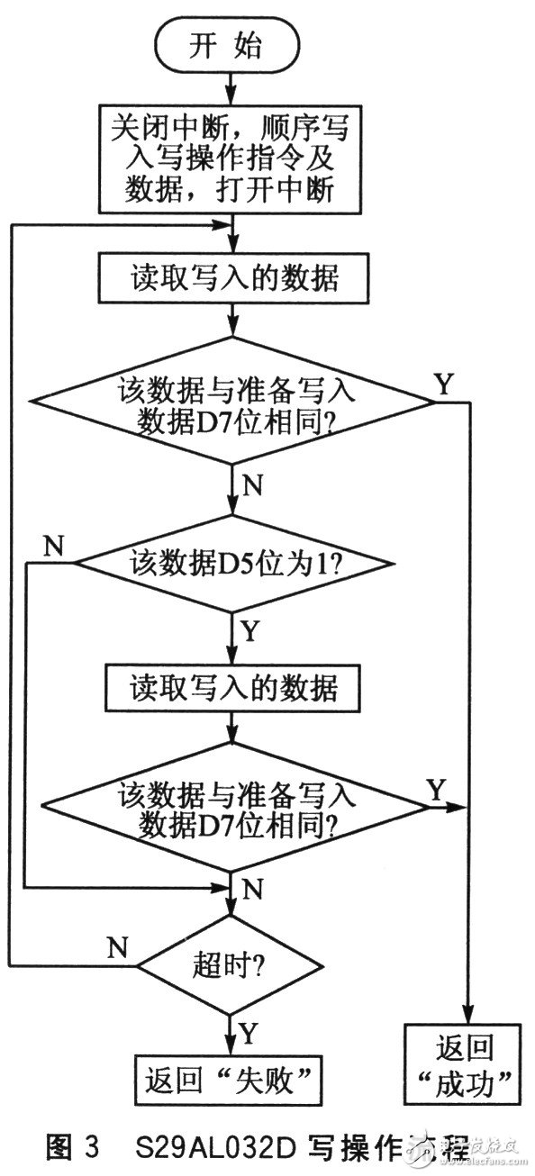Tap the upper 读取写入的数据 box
coord(233,280)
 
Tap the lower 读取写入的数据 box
coord(233,689)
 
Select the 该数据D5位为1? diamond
coord(233,565)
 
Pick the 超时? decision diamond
coord(233,966)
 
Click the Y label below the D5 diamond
coord(250,629)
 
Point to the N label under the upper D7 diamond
coord(253,487)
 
